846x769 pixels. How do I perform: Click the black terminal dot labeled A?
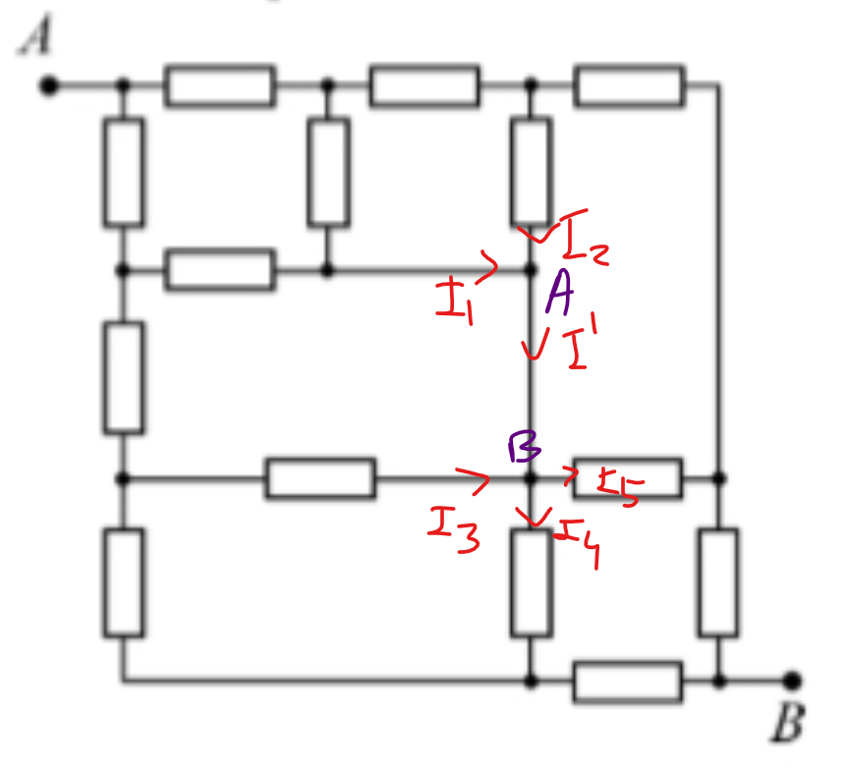49,85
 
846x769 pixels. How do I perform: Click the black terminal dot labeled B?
793,680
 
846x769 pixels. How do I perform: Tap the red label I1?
453,299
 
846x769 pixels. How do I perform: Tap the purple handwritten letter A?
560,293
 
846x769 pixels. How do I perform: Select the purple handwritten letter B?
524,448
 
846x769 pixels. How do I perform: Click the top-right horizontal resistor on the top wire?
629,85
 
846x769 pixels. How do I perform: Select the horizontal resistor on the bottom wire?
627,681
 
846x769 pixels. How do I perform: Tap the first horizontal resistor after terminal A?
219,85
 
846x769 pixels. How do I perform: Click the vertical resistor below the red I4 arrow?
531,580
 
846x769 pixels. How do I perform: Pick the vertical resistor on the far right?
718,580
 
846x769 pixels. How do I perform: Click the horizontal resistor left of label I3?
320,478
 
